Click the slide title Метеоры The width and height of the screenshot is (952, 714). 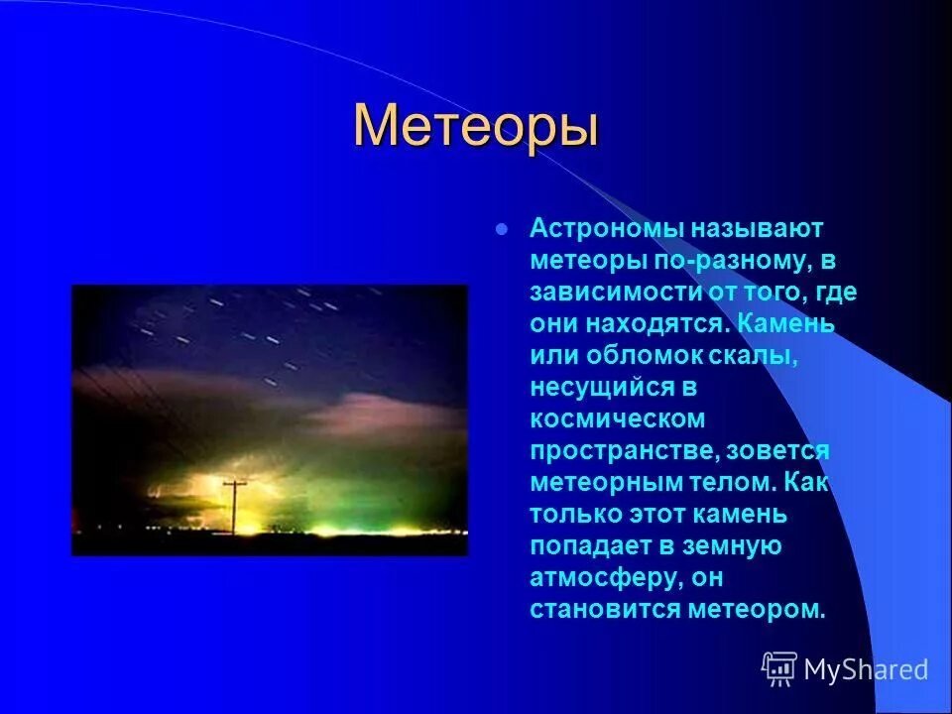pos(477,125)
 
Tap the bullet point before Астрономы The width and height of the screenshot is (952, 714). pos(502,229)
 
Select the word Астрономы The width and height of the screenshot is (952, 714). pos(608,229)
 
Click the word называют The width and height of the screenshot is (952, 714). pos(757,229)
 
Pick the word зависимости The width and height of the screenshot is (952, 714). pos(615,293)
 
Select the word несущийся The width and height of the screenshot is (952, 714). pos(604,388)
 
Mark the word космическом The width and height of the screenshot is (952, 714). pos(618,419)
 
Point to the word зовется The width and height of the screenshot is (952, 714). pos(777,451)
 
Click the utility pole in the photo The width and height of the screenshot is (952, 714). pos(234,508)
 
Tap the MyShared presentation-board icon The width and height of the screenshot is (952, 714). pos(779,668)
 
